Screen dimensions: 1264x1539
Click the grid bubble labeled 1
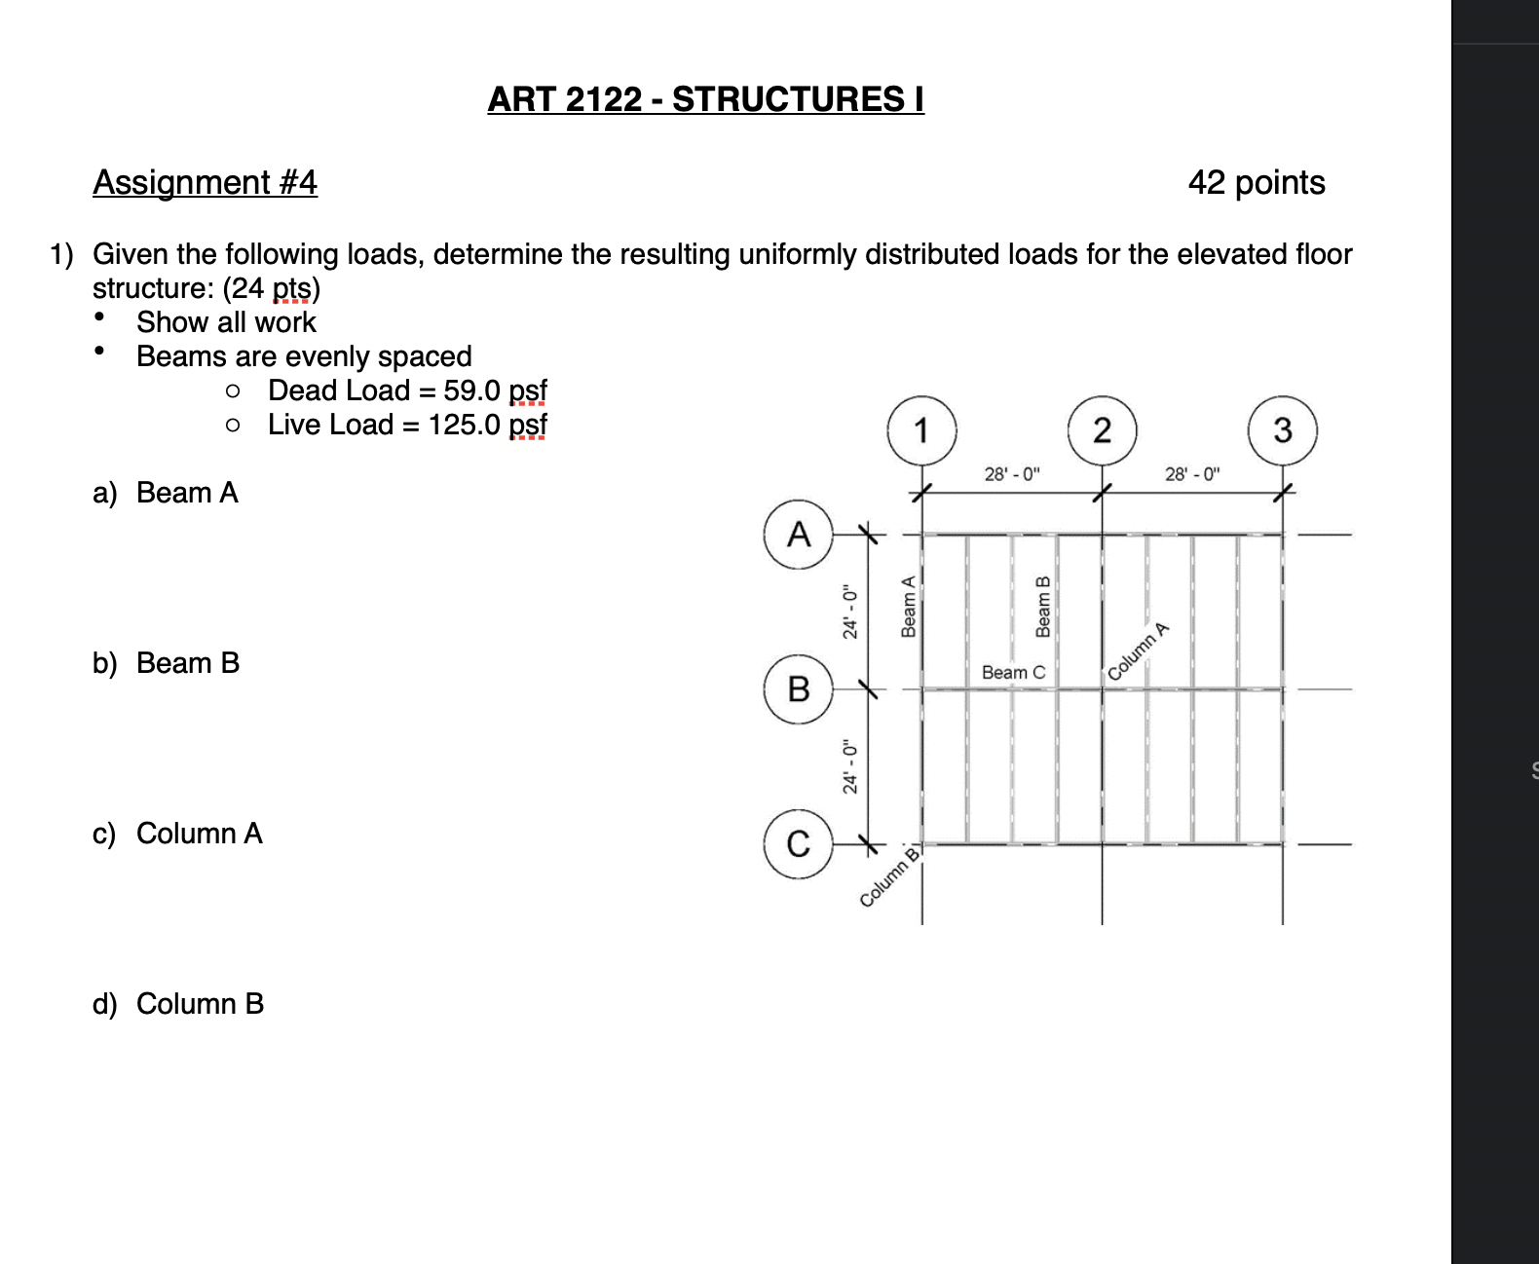tap(921, 430)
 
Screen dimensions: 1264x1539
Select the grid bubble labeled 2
tap(1102, 430)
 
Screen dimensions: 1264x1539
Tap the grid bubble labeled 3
tap(1282, 430)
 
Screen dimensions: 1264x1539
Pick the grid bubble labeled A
tap(799, 534)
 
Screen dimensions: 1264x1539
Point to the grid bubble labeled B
tap(799, 688)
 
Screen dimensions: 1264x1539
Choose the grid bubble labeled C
tap(799, 843)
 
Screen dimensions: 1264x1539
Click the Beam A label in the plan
tap(909, 607)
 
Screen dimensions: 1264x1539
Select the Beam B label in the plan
tap(1043, 607)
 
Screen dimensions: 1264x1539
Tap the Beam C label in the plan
tap(1013, 672)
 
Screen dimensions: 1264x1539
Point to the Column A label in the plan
tap(1137, 651)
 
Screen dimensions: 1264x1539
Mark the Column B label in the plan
tap(889, 877)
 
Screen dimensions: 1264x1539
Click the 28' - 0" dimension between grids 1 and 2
tap(1012, 474)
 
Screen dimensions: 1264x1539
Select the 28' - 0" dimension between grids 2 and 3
tap(1192, 474)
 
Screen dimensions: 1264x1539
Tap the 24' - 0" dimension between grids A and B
tap(850, 613)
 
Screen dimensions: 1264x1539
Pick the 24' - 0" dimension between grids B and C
tap(850, 766)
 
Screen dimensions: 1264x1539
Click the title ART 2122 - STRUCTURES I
tap(705, 99)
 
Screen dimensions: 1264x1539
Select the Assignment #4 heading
tap(205, 182)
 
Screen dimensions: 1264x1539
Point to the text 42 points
tap(1257, 182)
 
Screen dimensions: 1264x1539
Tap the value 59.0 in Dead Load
tap(472, 390)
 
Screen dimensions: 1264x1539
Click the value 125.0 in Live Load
tap(465, 425)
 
